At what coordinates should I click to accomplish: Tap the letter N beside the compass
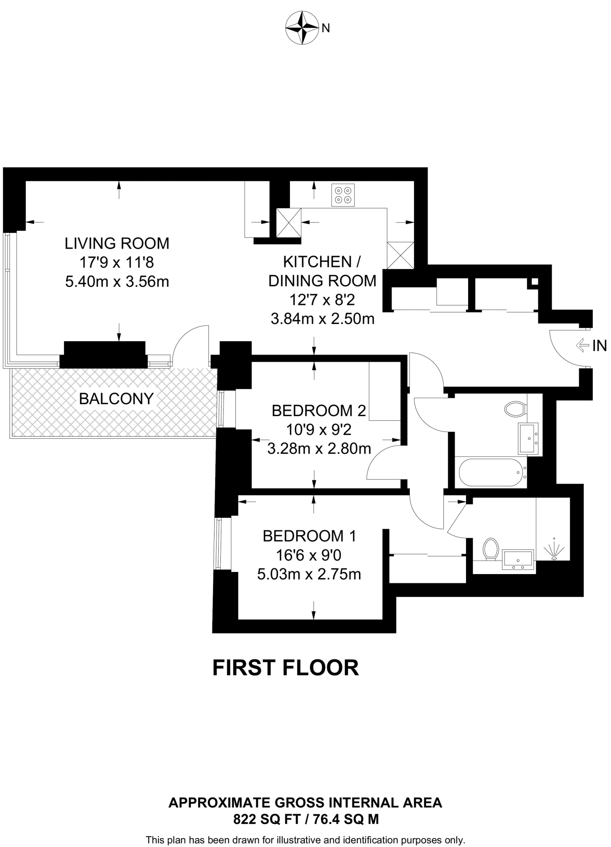tap(326, 28)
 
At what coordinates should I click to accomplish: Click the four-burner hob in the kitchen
tap(343, 195)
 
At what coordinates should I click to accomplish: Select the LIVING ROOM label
tap(117, 243)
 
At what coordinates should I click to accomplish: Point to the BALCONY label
tap(116, 399)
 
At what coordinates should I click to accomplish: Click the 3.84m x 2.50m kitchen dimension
tap(322, 319)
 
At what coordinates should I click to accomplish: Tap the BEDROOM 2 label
tap(319, 411)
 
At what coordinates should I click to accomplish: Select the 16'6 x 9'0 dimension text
tap(309, 555)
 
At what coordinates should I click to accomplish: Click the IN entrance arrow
tap(582, 345)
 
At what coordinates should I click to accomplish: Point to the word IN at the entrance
tap(599, 346)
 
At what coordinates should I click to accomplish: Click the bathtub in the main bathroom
tap(491, 472)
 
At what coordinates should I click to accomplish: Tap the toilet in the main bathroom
tap(515, 409)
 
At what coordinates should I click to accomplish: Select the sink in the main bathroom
tap(528, 438)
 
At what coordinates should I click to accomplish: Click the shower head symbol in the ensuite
tap(554, 550)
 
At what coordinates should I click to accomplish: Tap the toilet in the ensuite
tap(491, 548)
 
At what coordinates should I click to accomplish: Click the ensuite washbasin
tap(518, 560)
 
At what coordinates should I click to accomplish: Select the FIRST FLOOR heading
tap(285, 668)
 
